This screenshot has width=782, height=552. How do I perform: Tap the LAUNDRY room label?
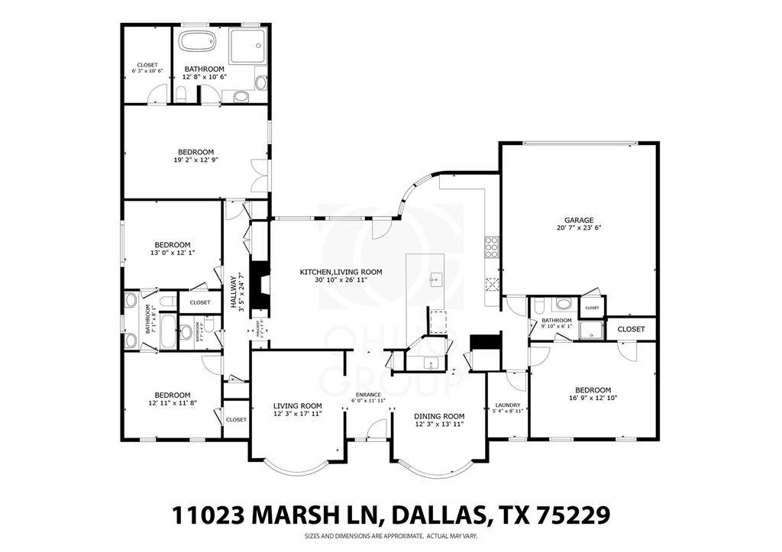[507, 405]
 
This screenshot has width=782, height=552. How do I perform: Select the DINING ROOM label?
[439, 416]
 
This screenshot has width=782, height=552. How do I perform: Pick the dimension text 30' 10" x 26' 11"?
[341, 280]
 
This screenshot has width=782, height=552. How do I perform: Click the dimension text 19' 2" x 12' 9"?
[195, 160]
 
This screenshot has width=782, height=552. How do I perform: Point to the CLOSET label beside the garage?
[631, 329]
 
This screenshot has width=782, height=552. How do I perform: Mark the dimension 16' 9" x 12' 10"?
[593, 398]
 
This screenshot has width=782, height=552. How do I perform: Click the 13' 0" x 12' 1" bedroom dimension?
[173, 253]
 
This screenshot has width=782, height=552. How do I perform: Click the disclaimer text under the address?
[389, 536]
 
